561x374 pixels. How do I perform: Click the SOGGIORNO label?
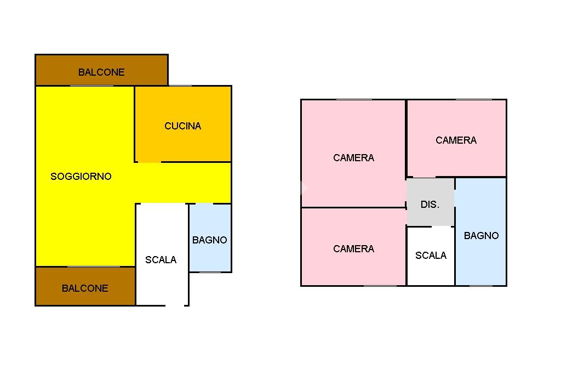click(81, 176)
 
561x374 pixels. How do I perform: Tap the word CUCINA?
click(183, 126)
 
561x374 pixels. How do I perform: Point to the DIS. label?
click(430, 204)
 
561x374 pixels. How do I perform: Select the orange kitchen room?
click(183, 124)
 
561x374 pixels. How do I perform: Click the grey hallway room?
click(431, 202)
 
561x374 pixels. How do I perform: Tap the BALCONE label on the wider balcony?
click(101, 72)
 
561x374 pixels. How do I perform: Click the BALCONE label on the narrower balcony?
click(85, 288)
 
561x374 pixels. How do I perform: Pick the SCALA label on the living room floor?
click(161, 260)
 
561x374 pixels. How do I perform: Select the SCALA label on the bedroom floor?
click(431, 256)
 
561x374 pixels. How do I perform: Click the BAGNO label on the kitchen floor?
click(210, 240)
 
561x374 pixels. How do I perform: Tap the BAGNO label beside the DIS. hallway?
click(481, 236)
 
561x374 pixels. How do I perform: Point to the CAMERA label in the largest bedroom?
click(353, 157)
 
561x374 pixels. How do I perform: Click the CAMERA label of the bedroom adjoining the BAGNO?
click(456, 140)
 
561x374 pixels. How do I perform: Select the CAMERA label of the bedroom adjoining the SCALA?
click(353, 248)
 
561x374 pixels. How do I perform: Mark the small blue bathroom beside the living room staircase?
click(210, 238)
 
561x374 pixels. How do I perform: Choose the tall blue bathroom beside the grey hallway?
click(481, 232)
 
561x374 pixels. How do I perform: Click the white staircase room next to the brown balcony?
click(162, 254)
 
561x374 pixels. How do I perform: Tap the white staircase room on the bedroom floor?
click(431, 256)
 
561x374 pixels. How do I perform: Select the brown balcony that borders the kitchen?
click(101, 70)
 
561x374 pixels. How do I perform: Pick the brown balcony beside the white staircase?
click(85, 286)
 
